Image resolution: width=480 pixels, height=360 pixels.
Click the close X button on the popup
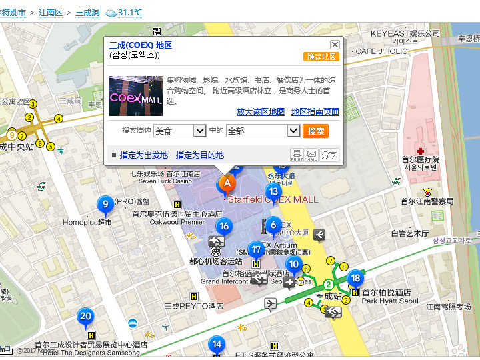click(x=335, y=45)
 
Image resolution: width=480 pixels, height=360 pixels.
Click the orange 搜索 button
click(x=315, y=131)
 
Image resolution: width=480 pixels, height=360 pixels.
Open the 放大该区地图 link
click(x=261, y=112)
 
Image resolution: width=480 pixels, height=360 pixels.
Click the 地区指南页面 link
click(x=315, y=112)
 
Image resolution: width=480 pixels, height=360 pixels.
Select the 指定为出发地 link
click(x=144, y=155)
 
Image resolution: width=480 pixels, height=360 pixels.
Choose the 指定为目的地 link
click(x=200, y=155)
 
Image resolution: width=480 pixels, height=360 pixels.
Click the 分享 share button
click(x=329, y=155)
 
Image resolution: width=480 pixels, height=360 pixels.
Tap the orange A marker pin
click(x=227, y=183)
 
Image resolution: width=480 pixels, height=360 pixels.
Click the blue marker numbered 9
click(x=103, y=204)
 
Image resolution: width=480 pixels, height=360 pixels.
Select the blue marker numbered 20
click(x=85, y=316)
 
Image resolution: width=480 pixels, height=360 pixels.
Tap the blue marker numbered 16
click(x=224, y=227)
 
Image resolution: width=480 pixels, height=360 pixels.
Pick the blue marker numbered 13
click(x=272, y=191)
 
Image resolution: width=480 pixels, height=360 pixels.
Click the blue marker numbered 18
click(x=356, y=279)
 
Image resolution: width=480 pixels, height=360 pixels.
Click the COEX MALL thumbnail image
click(x=136, y=96)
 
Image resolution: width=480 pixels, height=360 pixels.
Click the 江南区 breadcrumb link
click(x=50, y=13)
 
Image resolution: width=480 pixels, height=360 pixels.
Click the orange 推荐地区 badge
click(x=321, y=57)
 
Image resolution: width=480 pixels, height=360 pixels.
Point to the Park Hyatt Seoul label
click(x=390, y=301)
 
